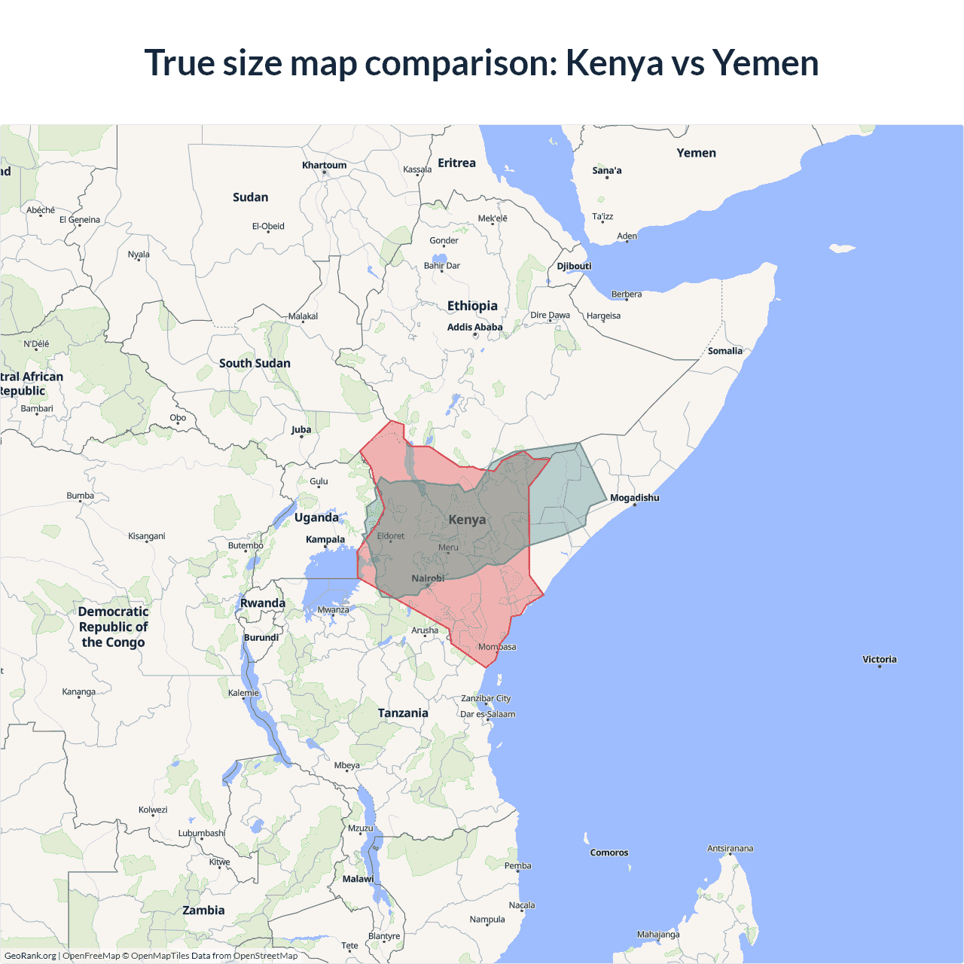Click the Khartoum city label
(324, 166)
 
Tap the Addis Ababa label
(474, 328)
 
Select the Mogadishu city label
(634, 498)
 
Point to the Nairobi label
(428, 578)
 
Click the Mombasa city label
(497, 647)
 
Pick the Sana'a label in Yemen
(606, 171)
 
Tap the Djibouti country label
(574, 267)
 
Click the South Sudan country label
(255, 363)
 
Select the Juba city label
(301, 430)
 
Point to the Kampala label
(325, 539)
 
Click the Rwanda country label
(263, 603)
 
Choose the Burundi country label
(261, 638)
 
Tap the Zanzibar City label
(486, 699)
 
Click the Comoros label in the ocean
(609, 853)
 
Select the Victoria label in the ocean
(879, 660)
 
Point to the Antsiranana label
(730, 849)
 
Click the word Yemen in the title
(765, 63)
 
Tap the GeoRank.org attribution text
(30, 956)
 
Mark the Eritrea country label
(456, 163)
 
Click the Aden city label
(627, 236)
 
